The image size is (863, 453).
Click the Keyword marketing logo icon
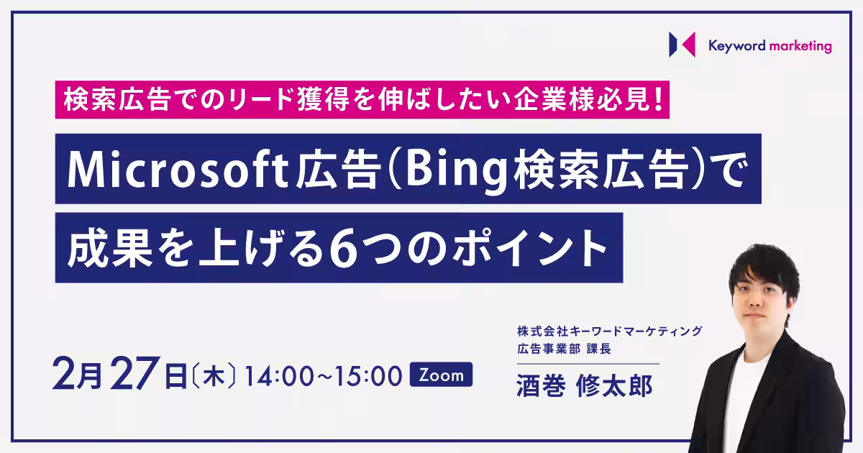[x=682, y=45]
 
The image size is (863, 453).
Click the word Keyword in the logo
[x=736, y=46]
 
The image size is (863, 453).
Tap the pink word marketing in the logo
[x=800, y=46]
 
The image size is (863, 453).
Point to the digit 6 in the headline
[x=343, y=250]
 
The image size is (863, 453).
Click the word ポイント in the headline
[x=530, y=248]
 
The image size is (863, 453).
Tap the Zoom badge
[x=441, y=374]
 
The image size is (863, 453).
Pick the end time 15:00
[x=368, y=376]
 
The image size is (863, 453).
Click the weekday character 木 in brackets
[x=214, y=376]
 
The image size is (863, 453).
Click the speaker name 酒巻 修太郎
[x=584, y=386]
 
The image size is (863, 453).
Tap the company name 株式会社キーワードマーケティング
[x=610, y=331]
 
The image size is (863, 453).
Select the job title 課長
[x=598, y=349]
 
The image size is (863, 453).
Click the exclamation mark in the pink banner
[x=658, y=100]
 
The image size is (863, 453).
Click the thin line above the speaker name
[x=588, y=364]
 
